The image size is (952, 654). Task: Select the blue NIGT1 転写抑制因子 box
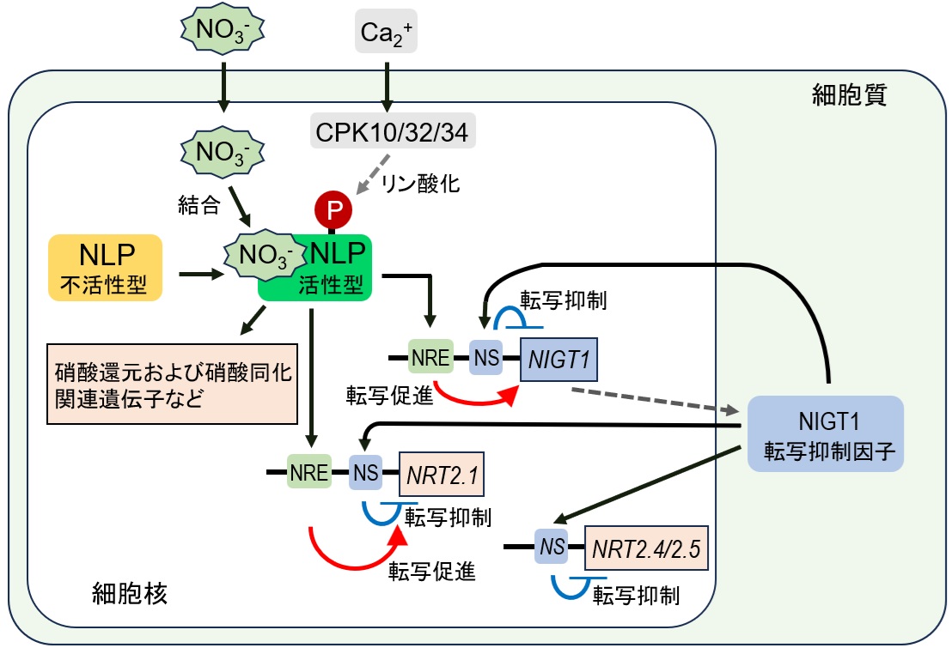(x=826, y=433)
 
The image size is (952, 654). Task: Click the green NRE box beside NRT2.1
(x=309, y=472)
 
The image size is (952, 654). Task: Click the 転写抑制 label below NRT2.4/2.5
(x=637, y=594)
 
